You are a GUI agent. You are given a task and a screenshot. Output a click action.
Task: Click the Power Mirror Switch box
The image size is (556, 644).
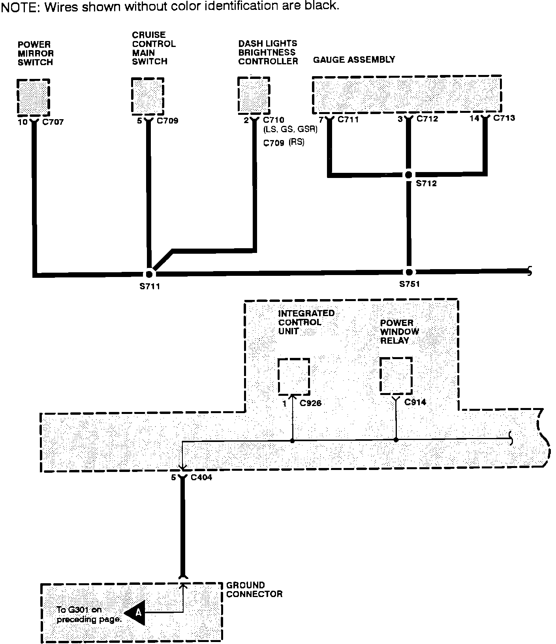point(33,97)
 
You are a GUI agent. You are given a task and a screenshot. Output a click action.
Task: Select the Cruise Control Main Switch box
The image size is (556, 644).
point(147,96)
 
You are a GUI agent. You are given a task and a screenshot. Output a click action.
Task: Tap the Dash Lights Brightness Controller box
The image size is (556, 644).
point(254,95)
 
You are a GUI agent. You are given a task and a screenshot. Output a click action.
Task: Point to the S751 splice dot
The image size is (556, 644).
point(409,272)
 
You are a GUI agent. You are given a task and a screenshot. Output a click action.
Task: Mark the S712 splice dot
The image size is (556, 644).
point(409,174)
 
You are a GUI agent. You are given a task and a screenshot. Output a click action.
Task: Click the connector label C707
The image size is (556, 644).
point(53,122)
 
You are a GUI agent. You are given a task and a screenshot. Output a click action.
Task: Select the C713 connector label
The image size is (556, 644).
point(504,118)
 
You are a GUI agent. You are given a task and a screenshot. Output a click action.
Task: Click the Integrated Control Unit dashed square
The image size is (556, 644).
point(293,376)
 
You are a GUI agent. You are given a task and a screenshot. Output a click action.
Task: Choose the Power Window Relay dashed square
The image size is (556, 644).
point(396,375)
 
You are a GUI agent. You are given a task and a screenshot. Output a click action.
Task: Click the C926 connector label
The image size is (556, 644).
point(310,403)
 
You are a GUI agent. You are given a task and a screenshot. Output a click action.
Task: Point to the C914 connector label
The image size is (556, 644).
point(415,402)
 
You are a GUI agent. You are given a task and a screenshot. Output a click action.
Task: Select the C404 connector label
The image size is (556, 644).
point(201,478)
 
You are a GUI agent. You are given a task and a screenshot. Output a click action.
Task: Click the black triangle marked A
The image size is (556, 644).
point(136,613)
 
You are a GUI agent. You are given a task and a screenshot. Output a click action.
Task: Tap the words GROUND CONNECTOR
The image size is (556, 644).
point(254,590)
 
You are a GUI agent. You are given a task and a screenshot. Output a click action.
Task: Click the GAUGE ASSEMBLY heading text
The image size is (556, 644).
point(354,60)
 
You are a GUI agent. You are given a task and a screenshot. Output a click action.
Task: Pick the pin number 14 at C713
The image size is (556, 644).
point(474,118)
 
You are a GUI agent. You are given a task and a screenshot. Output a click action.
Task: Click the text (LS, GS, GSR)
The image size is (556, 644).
point(290,129)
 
